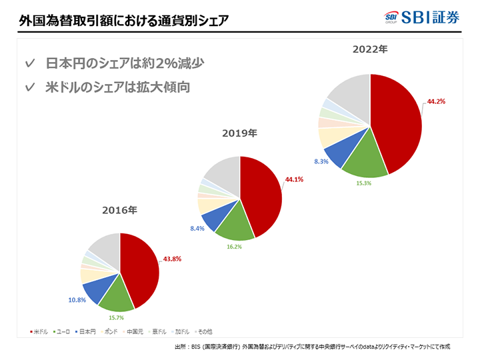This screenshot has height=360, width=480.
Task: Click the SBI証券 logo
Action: pyautogui.click(x=423, y=17)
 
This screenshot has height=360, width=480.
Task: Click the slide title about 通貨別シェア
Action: pyautogui.click(x=124, y=20)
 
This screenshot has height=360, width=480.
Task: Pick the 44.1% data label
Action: pyautogui.click(x=294, y=179)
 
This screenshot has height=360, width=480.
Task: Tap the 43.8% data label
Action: pyautogui.click(x=172, y=258)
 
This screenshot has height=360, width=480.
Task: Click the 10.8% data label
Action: pyautogui.click(x=77, y=300)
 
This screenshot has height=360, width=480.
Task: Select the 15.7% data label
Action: pyautogui.click(x=117, y=318)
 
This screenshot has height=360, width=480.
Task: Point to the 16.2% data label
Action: pyautogui.click(x=233, y=247)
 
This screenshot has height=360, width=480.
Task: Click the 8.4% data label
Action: pyautogui.click(x=197, y=228)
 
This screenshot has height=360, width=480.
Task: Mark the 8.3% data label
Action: pyautogui.click(x=321, y=161)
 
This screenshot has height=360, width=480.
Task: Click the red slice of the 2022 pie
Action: pyautogui.click(x=397, y=120)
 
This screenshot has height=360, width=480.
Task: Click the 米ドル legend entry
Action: pyautogui.click(x=39, y=331)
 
